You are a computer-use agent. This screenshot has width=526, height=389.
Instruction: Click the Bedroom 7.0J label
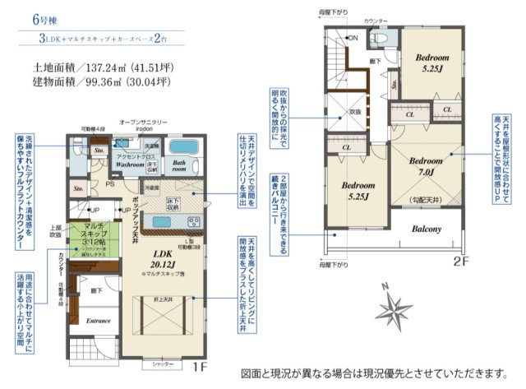coord(427,166)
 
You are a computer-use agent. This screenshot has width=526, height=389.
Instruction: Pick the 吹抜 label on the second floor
coord(355,110)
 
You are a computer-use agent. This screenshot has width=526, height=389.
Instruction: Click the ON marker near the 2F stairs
coord(353,39)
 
